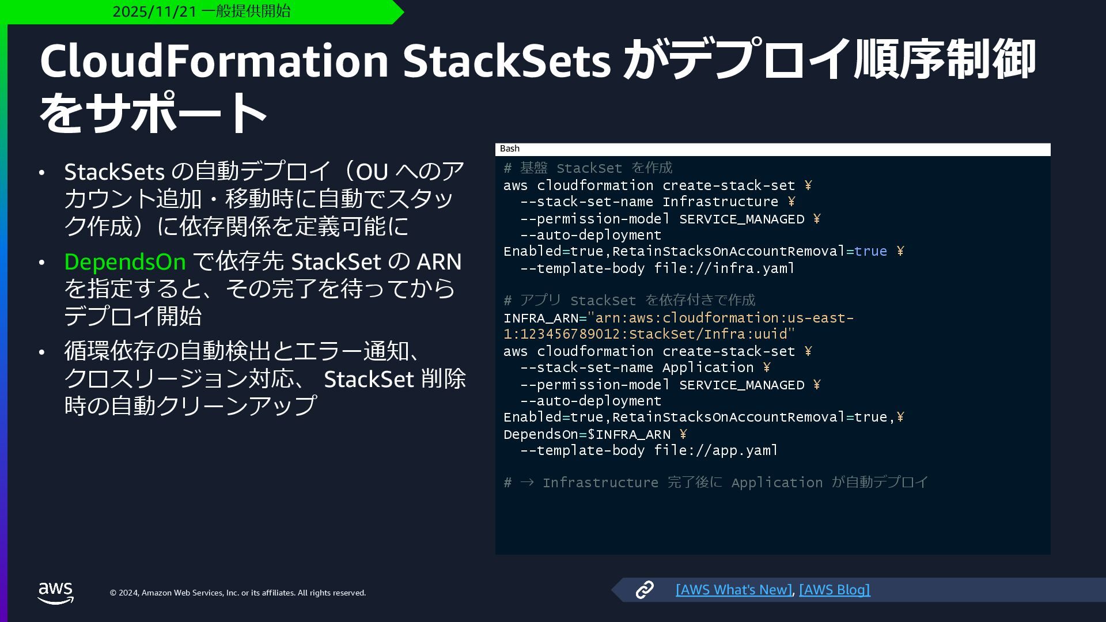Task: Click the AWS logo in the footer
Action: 56,593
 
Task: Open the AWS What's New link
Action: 733,590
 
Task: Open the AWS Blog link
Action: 834,590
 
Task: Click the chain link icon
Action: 644,590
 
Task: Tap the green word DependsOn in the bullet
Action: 124,262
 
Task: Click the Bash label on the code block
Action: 510,149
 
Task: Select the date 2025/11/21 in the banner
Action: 154,12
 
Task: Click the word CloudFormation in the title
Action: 214,60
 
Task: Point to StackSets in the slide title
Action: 506,60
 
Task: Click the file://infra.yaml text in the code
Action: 724,268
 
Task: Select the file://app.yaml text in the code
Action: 716,450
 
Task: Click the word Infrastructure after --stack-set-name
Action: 720,202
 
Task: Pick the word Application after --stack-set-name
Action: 708,368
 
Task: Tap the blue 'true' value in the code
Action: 870,252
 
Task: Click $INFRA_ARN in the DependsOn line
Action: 629,435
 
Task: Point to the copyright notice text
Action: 237,593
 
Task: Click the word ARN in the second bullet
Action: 439,262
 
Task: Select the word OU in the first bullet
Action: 372,172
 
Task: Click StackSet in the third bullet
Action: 369,380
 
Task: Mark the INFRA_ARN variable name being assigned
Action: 540,318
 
